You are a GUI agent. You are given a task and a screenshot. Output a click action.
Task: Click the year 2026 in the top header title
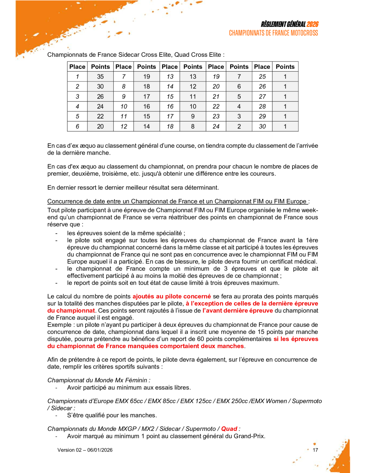point(312,24)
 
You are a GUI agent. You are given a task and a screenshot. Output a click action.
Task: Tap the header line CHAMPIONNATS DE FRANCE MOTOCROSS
point(273,33)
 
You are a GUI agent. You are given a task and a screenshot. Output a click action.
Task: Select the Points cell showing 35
point(100,76)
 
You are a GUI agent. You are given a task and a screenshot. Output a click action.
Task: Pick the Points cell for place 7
point(146,76)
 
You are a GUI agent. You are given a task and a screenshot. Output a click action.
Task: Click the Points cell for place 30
point(285,126)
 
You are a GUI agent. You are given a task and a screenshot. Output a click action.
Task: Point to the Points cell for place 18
point(193,126)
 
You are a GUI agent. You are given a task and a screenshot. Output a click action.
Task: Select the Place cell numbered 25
point(262,76)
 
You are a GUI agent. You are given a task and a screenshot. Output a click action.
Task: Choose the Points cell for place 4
point(100,106)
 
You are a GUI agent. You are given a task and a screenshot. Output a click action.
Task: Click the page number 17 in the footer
point(315,450)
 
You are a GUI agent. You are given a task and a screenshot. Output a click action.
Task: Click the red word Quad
point(229,429)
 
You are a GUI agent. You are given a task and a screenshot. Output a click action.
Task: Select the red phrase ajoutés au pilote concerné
point(172,297)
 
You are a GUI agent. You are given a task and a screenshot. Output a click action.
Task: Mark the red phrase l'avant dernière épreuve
point(238,311)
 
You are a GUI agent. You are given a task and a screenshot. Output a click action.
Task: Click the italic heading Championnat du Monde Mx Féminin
point(98,380)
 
